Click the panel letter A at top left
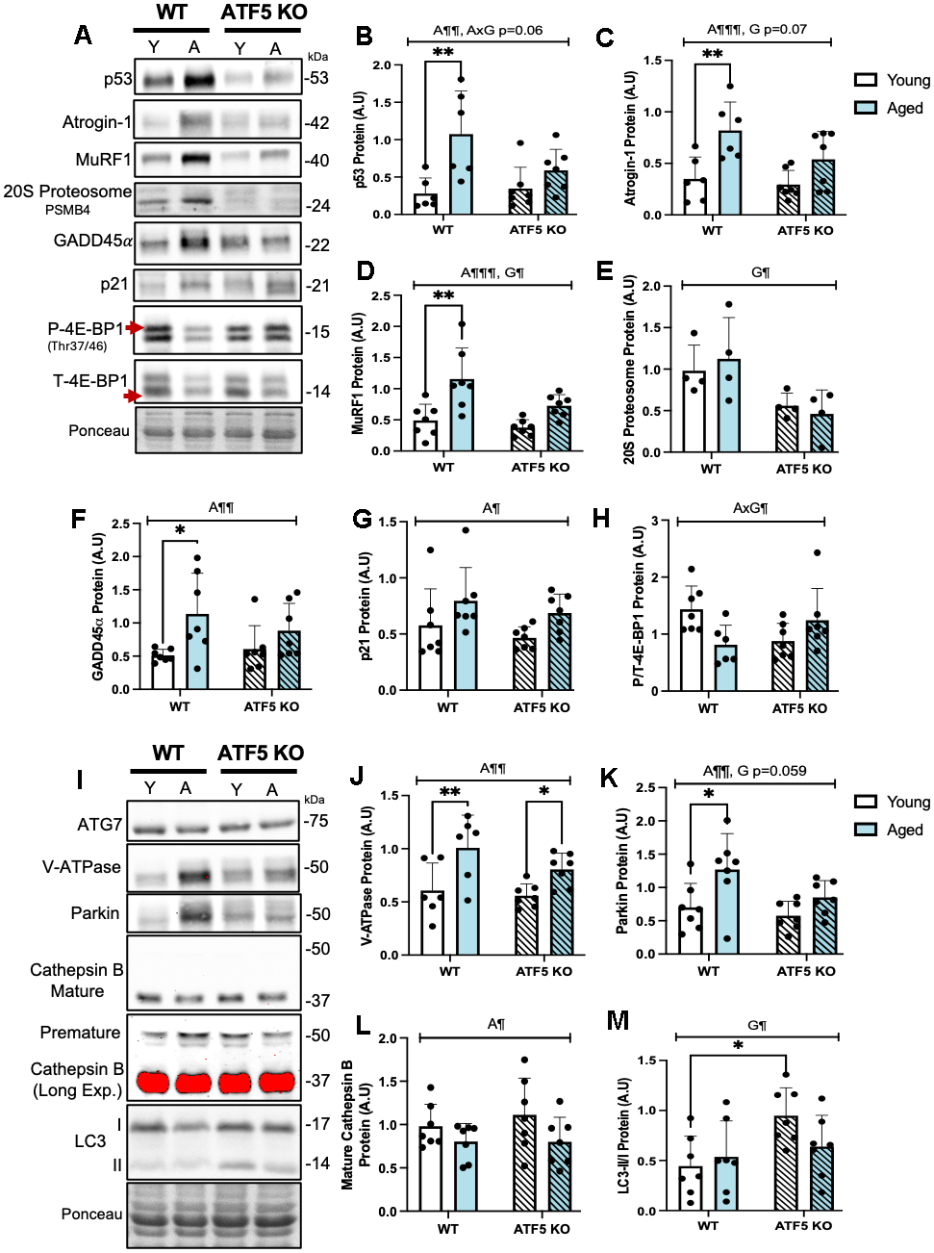(x=84, y=36)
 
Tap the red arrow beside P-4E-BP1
(x=134, y=328)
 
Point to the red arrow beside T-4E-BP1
(x=132, y=396)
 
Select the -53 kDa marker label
(x=316, y=78)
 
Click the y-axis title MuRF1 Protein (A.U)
(x=358, y=372)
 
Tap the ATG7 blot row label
(x=100, y=825)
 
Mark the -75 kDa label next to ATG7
(x=316, y=821)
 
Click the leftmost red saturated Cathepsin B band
(x=153, y=1082)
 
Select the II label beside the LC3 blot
(x=117, y=1165)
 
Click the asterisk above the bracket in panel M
(x=738, y=1045)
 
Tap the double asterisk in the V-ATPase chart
(x=450, y=792)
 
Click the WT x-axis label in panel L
(x=447, y=1229)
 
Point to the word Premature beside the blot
(x=81, y=1033)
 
